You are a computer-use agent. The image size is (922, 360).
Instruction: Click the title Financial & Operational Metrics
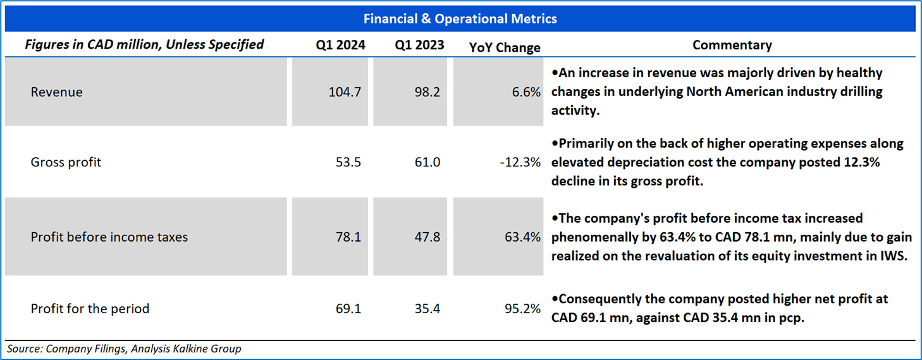[460, 18]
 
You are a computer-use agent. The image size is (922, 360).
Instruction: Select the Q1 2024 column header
[340, 44]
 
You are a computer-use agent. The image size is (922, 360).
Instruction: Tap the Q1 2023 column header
[419, 44]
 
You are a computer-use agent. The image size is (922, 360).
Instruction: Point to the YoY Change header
[505, 47]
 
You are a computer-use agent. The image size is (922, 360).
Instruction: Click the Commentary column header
[732, 45]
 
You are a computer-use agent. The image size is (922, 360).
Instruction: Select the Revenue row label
[56, 92]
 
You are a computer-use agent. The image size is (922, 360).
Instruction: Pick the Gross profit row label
[65, 162]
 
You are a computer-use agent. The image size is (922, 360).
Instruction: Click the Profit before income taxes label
[109, 237]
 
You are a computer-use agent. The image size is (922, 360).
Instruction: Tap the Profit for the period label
[90, 309]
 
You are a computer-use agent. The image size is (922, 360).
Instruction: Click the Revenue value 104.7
[345, 92]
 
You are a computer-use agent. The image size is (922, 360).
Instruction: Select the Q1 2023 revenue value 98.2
[427, 92]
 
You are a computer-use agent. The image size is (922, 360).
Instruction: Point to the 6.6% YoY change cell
[526, 92]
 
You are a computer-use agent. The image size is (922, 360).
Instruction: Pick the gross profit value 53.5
[348, 162]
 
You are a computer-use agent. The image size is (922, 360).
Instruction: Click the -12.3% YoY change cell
[520, 162]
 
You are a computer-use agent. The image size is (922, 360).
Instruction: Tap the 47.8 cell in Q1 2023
[427, 237]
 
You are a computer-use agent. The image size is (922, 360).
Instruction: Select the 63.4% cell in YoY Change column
[522, 237]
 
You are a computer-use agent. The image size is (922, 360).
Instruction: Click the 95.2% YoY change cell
[522, 309]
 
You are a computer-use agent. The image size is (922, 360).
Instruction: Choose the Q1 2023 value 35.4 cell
[427, 309]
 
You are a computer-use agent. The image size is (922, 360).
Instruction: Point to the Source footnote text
[124, 349]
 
